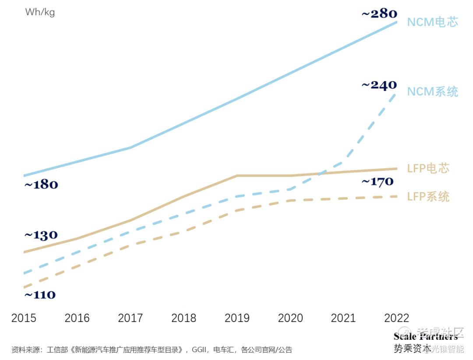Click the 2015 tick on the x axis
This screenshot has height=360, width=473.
(x=24, y=318)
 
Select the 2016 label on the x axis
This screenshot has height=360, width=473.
(x=77, y=318)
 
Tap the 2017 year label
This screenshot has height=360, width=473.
(x=131, y=318)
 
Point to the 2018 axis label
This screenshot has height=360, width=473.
(x=184, y=318)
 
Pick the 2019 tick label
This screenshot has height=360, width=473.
(x=237, y=318)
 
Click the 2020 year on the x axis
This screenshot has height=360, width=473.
(x=290, y=318)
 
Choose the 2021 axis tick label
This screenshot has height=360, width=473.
(x=343, y=318)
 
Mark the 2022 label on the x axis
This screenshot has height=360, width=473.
(x=396, y=318)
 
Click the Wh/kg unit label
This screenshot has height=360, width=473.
(x=40, y=12)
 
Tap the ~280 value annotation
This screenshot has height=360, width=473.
(x=379, y=14)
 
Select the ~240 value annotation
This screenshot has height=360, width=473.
(x=379, y=85)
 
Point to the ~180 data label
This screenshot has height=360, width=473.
(x=41, y=184)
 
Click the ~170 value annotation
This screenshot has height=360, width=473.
(x=378, y=181)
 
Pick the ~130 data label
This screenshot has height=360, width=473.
(x=41, y=235)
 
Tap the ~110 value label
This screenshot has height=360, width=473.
(x=40, y=295)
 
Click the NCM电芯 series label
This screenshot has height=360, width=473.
(x=433, y=22)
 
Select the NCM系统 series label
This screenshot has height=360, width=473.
(x=433, y=92)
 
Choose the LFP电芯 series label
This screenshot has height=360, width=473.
(x=428, y=168)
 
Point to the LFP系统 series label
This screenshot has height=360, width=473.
(x=428, y=197)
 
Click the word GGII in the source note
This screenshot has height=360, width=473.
(x=199, y=350)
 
